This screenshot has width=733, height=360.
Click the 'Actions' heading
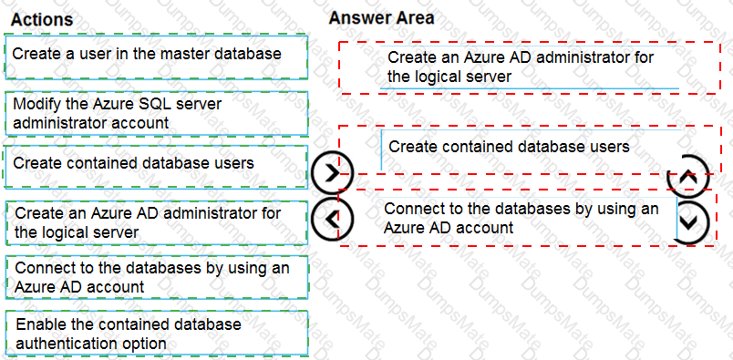(x=42, y=19)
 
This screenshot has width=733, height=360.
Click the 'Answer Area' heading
(x=381, y=17)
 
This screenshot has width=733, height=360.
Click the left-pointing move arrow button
(x=332, y=219)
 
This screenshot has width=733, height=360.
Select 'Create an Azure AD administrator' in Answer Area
(x=521, y=67)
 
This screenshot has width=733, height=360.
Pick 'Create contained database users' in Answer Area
(x=509, y=147)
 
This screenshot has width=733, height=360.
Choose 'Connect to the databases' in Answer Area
(x=521, y=218)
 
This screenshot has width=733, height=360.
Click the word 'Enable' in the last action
(x=38, y=324)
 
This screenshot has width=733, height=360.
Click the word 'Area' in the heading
(x=415, y=17)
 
